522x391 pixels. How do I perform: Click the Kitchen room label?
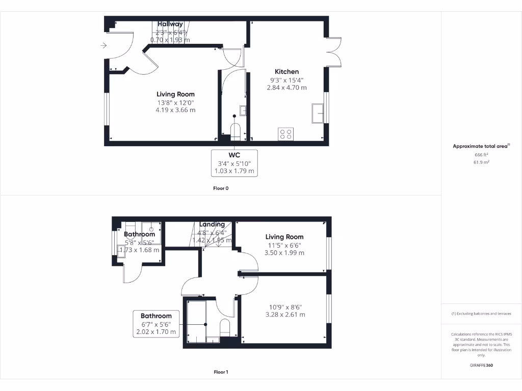pyautogui.click(x=287, y=72)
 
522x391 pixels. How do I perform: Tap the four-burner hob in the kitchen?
pyautogui.click(x=285, y=134)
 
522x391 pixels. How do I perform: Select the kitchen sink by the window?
pyautogui.click(x=319, y=113)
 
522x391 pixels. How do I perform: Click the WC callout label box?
pyautogui.click(x=234, y=163)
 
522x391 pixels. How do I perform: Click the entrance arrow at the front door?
pyautogui.click(x=103, y=46)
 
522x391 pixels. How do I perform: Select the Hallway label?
pyautogui.click(x=170, y=24)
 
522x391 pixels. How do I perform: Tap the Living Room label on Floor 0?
pyautogui.click(x=175, y=94)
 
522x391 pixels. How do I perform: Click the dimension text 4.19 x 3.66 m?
pyautogui.click(x=175, y=110)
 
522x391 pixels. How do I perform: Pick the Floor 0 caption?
pyautogui.click(x=221, y=188)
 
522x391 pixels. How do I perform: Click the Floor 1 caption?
pyautogui.click(x=221, y=372)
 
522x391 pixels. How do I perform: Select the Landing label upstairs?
pyautogui.click(x=212, y=225)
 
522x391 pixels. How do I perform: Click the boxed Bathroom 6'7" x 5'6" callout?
pyautogui.click(x=156, y=324)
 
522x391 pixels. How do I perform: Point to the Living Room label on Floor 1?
pyautogui.click(x=284, y=237)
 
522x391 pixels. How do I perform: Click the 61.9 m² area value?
pyautogui.click(x=481, y=162)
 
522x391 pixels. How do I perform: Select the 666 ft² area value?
pyautogui.click(x=481, y=154)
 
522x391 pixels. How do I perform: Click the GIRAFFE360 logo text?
pyautogui.click(x=481, y=366)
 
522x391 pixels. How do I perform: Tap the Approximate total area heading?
pyautogui.click(x=481, y=146)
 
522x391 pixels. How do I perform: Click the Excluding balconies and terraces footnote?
pyautogui.click(x=481, y=314)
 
